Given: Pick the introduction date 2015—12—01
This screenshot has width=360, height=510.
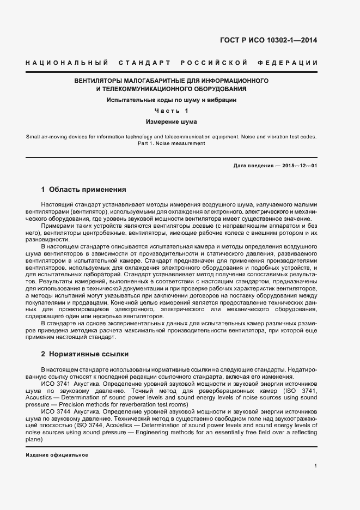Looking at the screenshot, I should (x=300, y=165).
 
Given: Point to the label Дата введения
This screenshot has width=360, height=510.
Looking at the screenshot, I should (x=253, y=165).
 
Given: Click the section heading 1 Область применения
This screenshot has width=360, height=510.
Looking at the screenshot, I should (x=84, y=190).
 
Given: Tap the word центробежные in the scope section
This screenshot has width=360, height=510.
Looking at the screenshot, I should (x=93, y=232).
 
